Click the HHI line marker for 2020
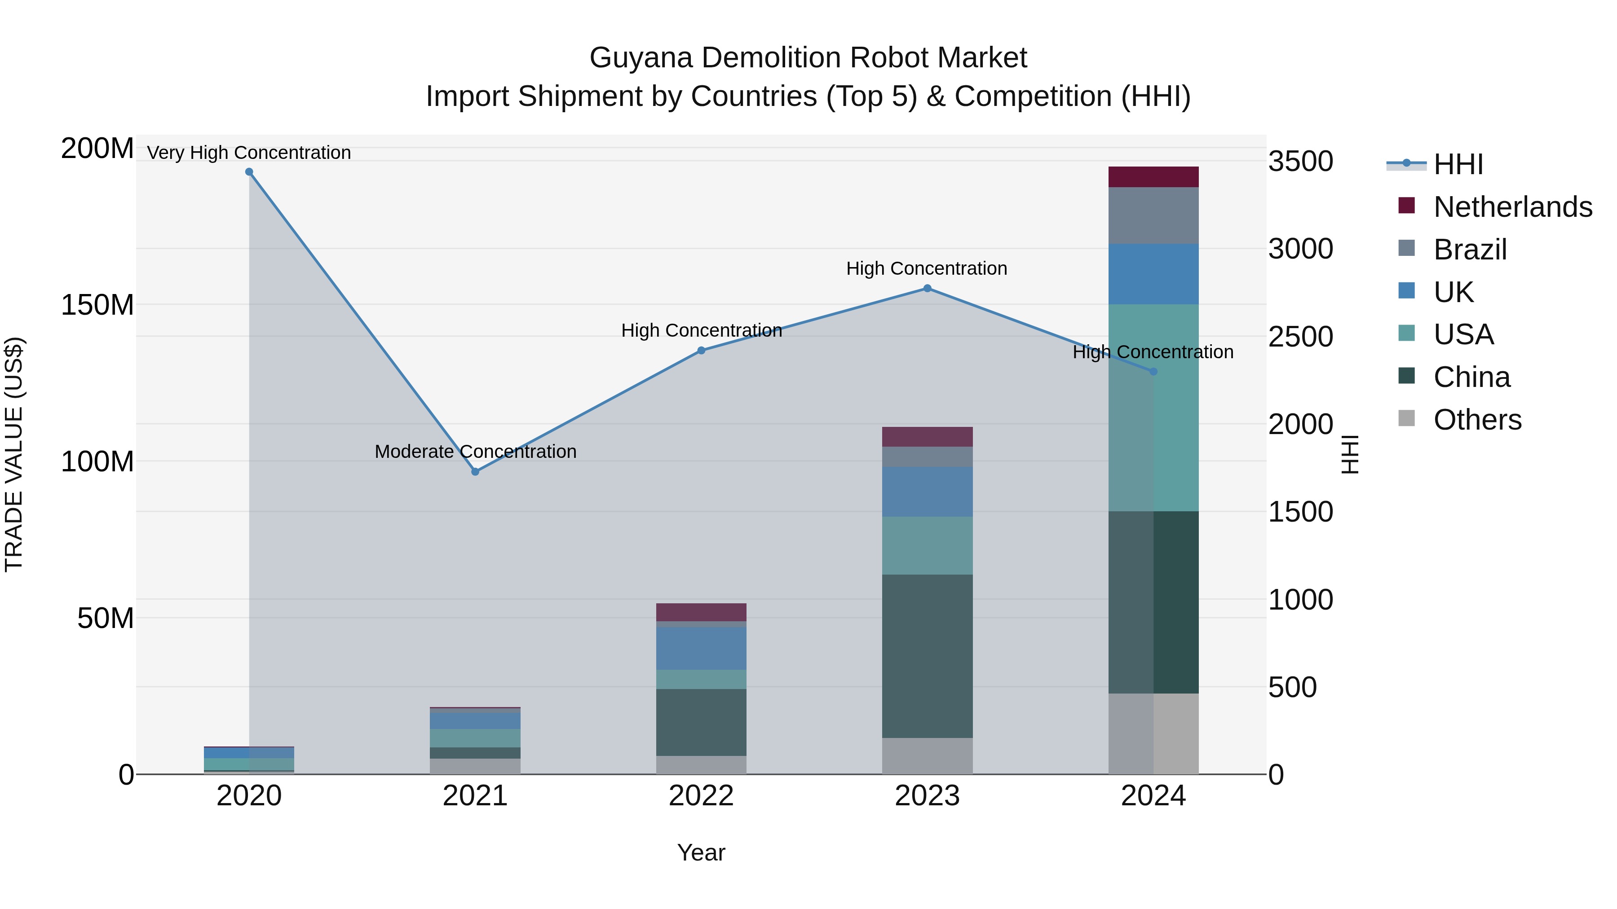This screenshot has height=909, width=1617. coord(249,172)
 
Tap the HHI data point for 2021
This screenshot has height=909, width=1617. coord(475,472)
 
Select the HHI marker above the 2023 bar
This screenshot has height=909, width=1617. coord(927,289)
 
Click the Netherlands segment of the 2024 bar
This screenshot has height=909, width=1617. coord(1153,177)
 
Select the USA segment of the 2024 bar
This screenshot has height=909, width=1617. coord(1153,408)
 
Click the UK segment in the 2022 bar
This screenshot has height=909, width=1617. coord(701,648)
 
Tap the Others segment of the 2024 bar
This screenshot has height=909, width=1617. coord(1153,733)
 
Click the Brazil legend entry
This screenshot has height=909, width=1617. coord(1470,250)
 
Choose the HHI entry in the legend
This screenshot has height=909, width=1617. coord(1458,164)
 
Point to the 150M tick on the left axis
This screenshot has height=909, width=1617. coord(97,305)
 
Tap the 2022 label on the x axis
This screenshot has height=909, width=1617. coord(701,796)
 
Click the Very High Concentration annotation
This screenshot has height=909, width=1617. coord(249,153)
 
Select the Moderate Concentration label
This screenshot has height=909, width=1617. coord(475,452)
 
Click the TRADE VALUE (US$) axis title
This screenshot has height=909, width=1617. coord(14,455)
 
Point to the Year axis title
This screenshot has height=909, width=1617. coord(701,852)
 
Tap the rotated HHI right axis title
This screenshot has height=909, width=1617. coord(1350,455)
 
